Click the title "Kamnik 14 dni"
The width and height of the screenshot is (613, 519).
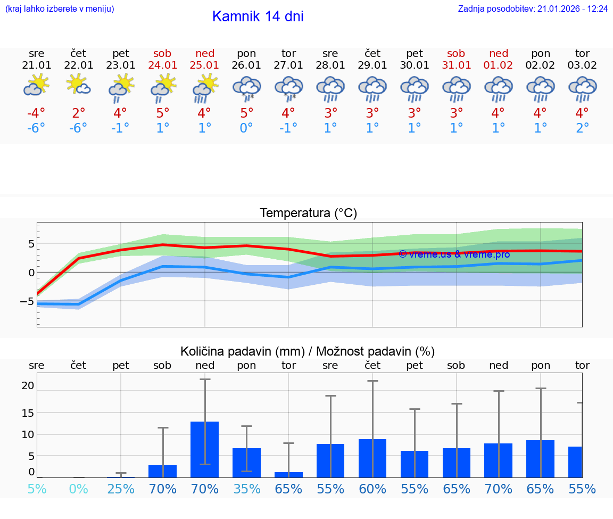tap(258, 17)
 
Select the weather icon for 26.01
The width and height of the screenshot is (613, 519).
tap(246, 88)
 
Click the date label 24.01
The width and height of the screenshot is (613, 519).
tap(162, 65)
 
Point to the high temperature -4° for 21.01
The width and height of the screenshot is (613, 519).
tap(36, 113)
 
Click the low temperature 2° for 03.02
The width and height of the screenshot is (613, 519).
tap(582, 128)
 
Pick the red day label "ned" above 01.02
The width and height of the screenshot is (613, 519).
tap(499, 53)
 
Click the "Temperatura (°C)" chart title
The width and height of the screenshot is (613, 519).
tap(308, 213)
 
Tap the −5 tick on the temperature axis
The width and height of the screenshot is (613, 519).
tap(27, 301)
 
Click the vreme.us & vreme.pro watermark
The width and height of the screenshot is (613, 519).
tap(454, 254)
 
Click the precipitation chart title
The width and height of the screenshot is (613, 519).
tap(308, 351)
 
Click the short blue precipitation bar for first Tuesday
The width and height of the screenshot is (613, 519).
tap(288, 474)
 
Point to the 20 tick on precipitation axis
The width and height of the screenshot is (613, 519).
tap(28, 385)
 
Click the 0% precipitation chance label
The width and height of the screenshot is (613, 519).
tap(78, 489)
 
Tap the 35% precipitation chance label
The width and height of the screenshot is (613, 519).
tap(246, 489)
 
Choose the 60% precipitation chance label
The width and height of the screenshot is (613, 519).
tap(372, 489)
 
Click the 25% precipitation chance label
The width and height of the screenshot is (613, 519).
tap(121, 489)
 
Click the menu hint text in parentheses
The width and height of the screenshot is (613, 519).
tap(60, 9)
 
